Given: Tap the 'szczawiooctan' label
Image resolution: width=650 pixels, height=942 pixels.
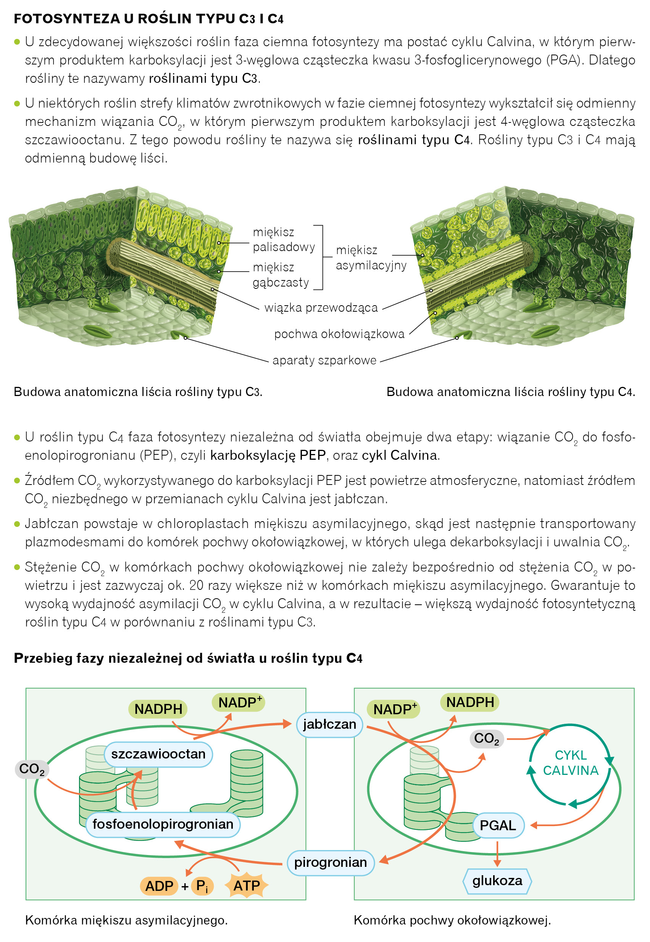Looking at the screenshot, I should pos(158,754).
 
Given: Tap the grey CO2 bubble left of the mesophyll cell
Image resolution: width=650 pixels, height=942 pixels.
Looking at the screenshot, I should pos(32,769).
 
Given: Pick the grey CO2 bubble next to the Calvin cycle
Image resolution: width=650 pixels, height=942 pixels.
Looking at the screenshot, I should pos(486,739).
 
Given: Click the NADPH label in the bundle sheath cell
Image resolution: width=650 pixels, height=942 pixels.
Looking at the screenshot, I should pos(469,702).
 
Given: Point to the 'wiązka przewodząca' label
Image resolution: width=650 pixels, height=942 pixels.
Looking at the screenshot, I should pos(321,308).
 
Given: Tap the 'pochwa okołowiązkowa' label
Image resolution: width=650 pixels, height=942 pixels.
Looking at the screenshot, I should pos(339,334).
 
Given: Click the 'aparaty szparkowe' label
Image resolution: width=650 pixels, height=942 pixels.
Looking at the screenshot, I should pos(324,360).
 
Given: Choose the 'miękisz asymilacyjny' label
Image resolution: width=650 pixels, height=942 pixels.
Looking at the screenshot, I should pos(371,258).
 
